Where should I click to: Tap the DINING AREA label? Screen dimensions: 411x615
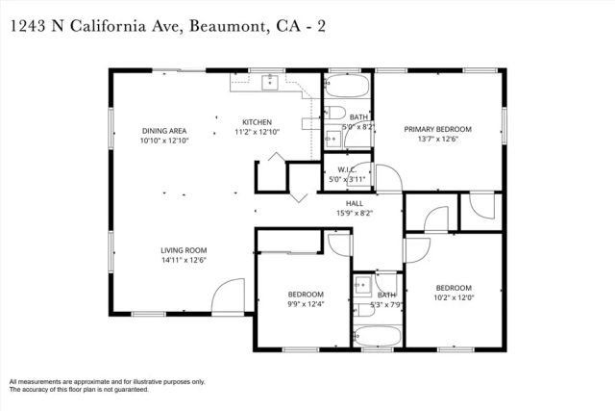pos(163,130)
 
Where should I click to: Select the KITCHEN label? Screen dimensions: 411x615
pos(257,122)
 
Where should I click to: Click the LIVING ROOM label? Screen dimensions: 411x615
pos(184,250)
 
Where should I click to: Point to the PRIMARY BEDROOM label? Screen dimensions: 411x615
pos(437,129)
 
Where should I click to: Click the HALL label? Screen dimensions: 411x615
pos(355,203)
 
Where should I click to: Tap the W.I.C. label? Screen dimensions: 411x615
pos(348,170)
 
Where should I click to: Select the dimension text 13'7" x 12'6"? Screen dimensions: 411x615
pos(437,139)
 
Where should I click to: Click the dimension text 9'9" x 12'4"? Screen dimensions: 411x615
pos(307,304)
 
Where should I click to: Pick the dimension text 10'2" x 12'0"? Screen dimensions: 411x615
pos(454,297)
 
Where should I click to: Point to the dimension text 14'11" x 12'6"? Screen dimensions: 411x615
pos(184,260)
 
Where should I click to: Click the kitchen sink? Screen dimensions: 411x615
pos(268,81)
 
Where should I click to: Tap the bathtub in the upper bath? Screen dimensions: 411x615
pos(347,90)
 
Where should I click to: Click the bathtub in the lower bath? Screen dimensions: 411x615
pos(377,336)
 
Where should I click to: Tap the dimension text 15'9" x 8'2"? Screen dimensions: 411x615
pos(355,213)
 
